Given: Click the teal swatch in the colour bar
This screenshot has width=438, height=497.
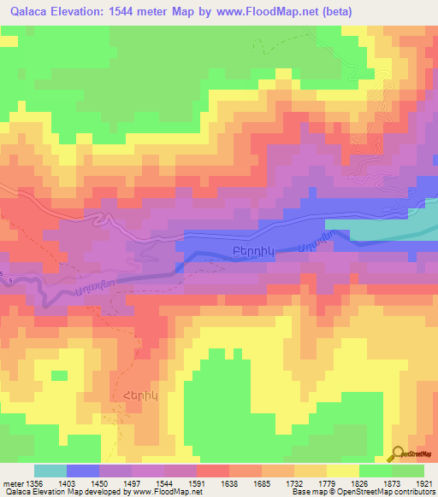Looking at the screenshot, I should pos(50,471).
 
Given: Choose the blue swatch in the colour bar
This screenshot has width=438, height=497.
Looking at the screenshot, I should pos(83,471).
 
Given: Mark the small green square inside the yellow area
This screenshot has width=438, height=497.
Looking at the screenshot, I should pos(59,375).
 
